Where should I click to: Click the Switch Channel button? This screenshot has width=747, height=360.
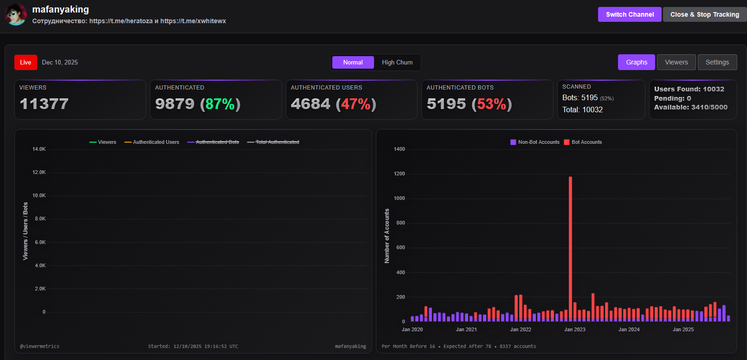point(629,14)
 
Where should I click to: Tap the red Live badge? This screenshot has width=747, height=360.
point(26,62)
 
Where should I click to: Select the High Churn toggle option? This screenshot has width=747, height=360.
point(397,62)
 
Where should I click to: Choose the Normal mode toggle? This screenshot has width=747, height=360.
point(353,62)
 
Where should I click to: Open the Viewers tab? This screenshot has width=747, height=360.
point(676,62)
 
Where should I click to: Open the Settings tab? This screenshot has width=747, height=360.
point(717,62)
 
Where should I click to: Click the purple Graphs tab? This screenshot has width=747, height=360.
point(636,62)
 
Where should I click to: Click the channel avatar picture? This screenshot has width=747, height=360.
point(16,14)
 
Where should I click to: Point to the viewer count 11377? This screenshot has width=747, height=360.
point(44,104)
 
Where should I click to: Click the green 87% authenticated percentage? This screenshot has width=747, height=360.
point(220,104)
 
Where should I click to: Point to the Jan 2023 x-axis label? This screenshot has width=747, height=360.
point(575,329)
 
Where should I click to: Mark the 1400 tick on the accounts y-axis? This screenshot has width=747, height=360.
point(399,149)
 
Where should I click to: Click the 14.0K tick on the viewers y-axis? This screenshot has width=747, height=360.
point(39,149)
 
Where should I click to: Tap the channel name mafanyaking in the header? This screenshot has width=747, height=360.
point(60,9)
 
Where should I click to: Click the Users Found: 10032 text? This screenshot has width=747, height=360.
point(689,89)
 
